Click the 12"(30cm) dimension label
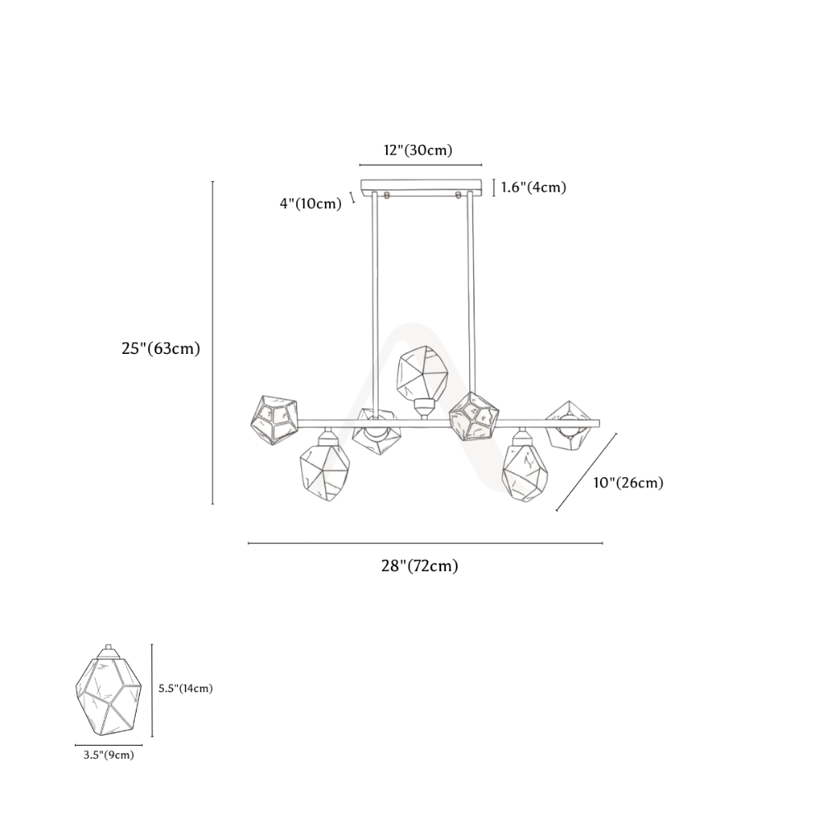[418, 151]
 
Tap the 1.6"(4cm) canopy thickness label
[534, 188]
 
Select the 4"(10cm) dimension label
[311, 203]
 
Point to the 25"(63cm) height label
[161, 348]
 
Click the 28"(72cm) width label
[420, 566]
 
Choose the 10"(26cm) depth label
[628, 482]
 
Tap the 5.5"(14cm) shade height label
[186, 689]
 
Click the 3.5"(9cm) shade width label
[109, 756]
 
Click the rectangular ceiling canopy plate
[421, 185]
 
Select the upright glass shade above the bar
[422, 374]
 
